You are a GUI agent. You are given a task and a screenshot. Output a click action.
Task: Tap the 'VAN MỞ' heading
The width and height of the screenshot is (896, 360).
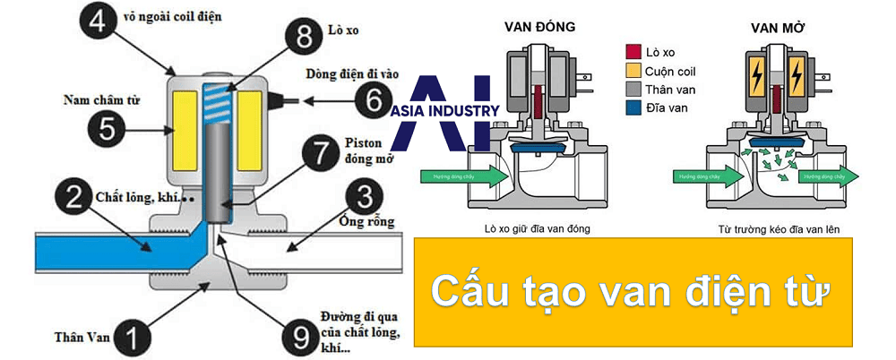click(777, 24)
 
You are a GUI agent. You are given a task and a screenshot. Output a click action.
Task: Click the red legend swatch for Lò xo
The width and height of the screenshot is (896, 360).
click(634, 52)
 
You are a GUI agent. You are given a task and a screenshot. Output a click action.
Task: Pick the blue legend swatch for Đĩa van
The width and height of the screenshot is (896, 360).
click(634, 107)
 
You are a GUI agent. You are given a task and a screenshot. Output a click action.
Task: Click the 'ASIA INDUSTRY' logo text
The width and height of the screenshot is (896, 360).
click(445, 110)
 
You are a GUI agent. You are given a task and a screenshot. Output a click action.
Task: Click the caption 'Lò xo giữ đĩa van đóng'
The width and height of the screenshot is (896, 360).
click(536, 228)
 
